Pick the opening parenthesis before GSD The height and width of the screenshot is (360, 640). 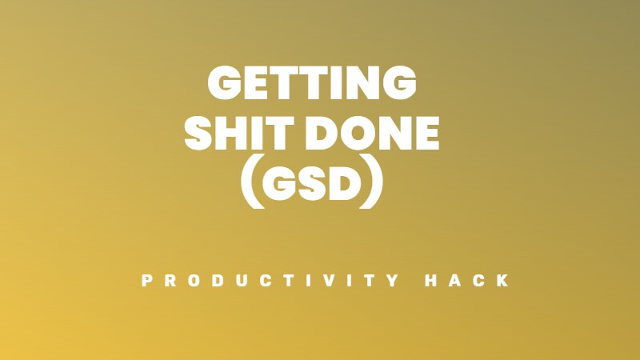pos(252,186)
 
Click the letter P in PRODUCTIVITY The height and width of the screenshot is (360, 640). pos(146,282)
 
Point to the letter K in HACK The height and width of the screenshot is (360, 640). pos(503,282)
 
